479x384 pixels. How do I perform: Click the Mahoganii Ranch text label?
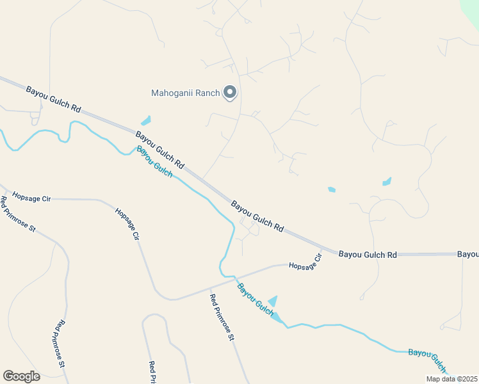click(185, 93)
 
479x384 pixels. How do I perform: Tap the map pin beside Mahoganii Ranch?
click(230, 93)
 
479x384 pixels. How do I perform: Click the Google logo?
click(22, 376)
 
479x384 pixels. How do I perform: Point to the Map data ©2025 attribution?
click(451, 379)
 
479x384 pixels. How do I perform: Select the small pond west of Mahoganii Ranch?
click(146, 120)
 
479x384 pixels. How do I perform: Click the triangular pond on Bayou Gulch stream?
click(273, 301)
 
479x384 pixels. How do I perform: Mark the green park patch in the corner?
click(471, 8)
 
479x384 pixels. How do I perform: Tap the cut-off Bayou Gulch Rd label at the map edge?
click(467, 254)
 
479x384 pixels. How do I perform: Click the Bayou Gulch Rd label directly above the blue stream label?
click(159, 150)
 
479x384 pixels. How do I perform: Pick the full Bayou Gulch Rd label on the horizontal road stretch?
click(368, 254)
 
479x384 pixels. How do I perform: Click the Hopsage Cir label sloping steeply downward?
click(127, 223)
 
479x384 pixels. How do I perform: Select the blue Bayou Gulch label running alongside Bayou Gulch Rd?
click(154, 162)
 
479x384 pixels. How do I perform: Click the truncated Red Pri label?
click(152, 373)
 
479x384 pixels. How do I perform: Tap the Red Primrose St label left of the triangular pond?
click(222, 317)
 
